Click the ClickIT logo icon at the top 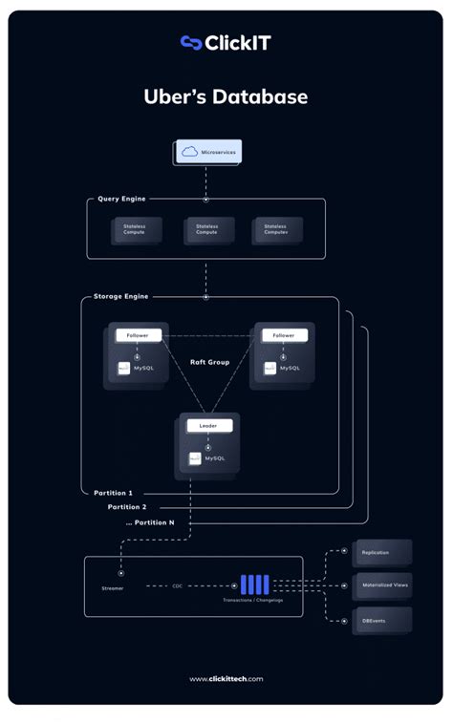(190, 42)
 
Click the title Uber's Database (226, 96)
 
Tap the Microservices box (208, 152)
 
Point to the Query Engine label (121, 199)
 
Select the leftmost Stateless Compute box (135, 230)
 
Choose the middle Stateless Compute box (207, 230)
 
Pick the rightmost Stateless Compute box (278, 230)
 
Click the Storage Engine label (120, 297)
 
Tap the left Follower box (139, 335)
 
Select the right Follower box (284, 335)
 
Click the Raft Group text (209, 363)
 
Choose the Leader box (208, 425)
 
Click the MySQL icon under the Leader (195, 458)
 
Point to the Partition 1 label (114, 493)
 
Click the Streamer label (112, 588)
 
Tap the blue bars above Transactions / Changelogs (254, 585)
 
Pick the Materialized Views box (382, 586)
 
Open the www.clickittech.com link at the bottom (226, 679)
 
